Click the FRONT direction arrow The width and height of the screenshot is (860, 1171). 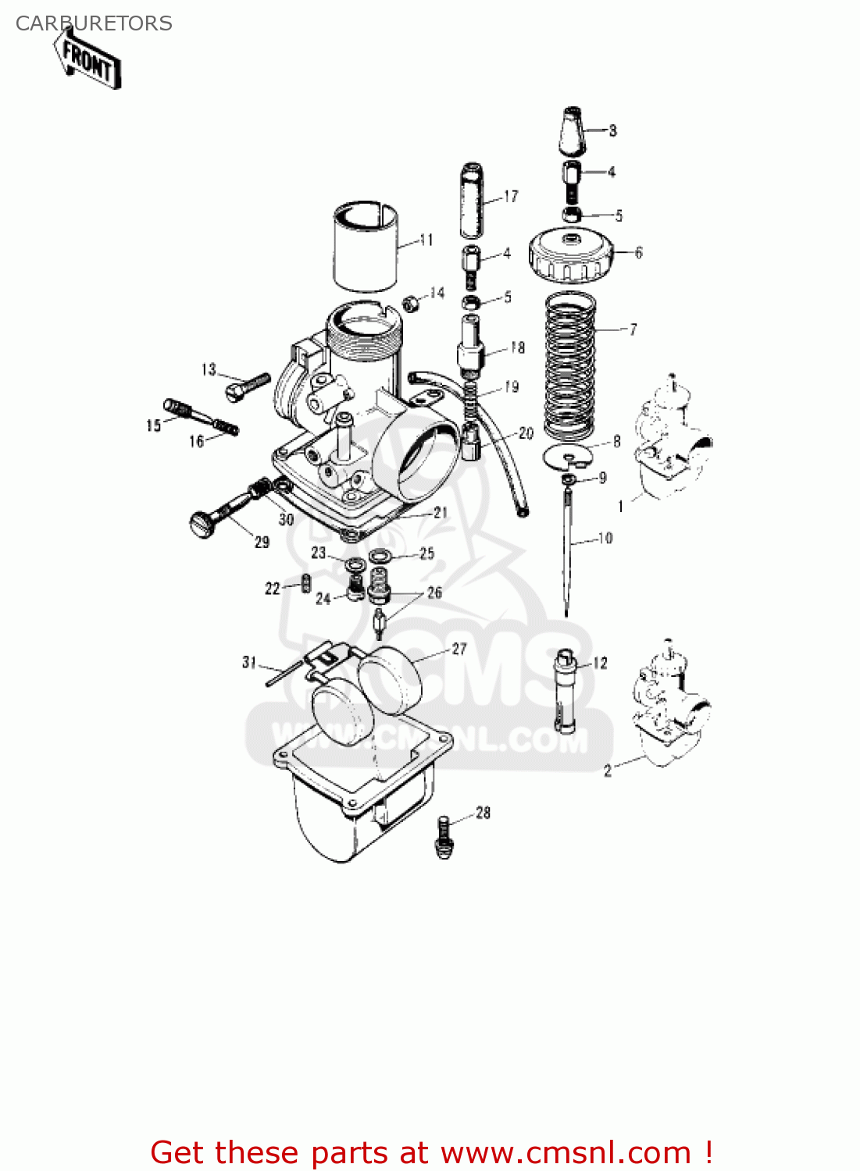88,59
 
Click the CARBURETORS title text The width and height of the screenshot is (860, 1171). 94,23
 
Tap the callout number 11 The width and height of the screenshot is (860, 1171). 426,240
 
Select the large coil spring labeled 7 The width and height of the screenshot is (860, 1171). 570,365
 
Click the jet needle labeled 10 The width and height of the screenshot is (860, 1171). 568,546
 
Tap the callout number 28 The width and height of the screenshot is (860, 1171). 484,813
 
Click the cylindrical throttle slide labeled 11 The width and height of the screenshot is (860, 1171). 366,246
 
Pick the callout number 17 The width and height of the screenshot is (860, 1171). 511,196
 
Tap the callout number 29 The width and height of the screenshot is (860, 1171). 262,542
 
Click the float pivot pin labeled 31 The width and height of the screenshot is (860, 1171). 284,673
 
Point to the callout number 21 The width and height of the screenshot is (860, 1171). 441,512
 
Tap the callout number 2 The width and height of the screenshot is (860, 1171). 608,771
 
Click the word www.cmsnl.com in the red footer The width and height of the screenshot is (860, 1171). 566,1152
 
